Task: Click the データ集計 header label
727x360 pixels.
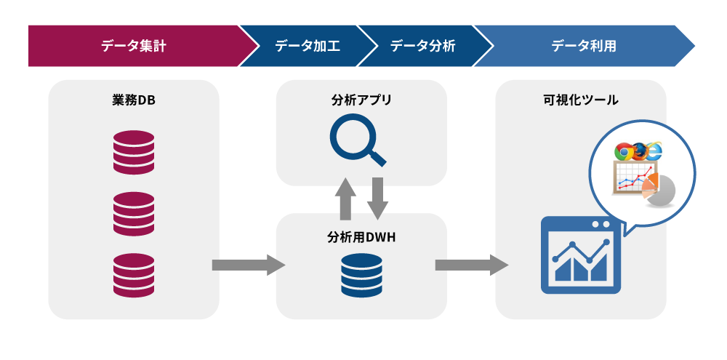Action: tap(134, 46)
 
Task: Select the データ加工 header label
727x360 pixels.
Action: tap(307, 46)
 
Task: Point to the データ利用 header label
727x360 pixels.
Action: tap(583, 46)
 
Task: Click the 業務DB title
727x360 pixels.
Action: tap(134, 100)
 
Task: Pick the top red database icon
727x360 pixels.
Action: tap(134, 152)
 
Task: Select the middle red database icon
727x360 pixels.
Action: tap(134, 213)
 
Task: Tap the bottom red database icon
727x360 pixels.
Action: tap(134, 274)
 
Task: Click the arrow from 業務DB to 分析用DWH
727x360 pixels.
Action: tap(247, 265)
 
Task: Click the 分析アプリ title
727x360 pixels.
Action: tap(361, 100)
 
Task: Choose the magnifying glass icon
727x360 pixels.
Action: tap(356, 143)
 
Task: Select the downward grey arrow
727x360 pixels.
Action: tap(377, 197)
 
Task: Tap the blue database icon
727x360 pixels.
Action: tap(361, 274)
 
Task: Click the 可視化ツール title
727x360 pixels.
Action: tap(580, 100)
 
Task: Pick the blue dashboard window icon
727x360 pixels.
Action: tap(581, 255)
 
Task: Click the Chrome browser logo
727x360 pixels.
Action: tap(623, 152)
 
